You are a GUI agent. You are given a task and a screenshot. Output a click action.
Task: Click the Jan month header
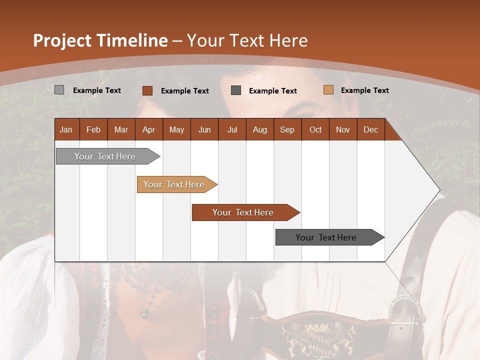[x=66, y=129]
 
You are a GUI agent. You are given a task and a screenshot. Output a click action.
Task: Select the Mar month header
[x=121, y=129]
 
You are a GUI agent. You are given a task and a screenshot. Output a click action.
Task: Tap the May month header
[x=176, y=129]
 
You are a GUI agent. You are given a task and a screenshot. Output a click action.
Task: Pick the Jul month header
[x=232, y=129]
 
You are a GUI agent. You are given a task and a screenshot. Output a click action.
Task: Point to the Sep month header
[x=287, y=129]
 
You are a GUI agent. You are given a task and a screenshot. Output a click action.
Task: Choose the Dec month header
[x=370, y=129]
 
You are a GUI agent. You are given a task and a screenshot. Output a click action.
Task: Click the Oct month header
[x=315, y=129]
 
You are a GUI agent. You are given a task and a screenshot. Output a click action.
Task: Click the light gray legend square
[x=59, y=90]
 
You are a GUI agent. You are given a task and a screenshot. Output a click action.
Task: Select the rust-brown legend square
[x=147, y=90]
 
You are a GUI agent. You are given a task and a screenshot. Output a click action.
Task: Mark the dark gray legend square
[x=236, y=90]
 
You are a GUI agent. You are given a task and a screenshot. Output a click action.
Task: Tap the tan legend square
[x=328, y=90]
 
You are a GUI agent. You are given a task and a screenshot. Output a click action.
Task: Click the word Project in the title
[x=61, y=40]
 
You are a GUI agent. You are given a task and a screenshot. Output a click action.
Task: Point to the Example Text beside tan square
[x=364, y=90]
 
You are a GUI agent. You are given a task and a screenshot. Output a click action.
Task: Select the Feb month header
[x=93, y=129]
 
